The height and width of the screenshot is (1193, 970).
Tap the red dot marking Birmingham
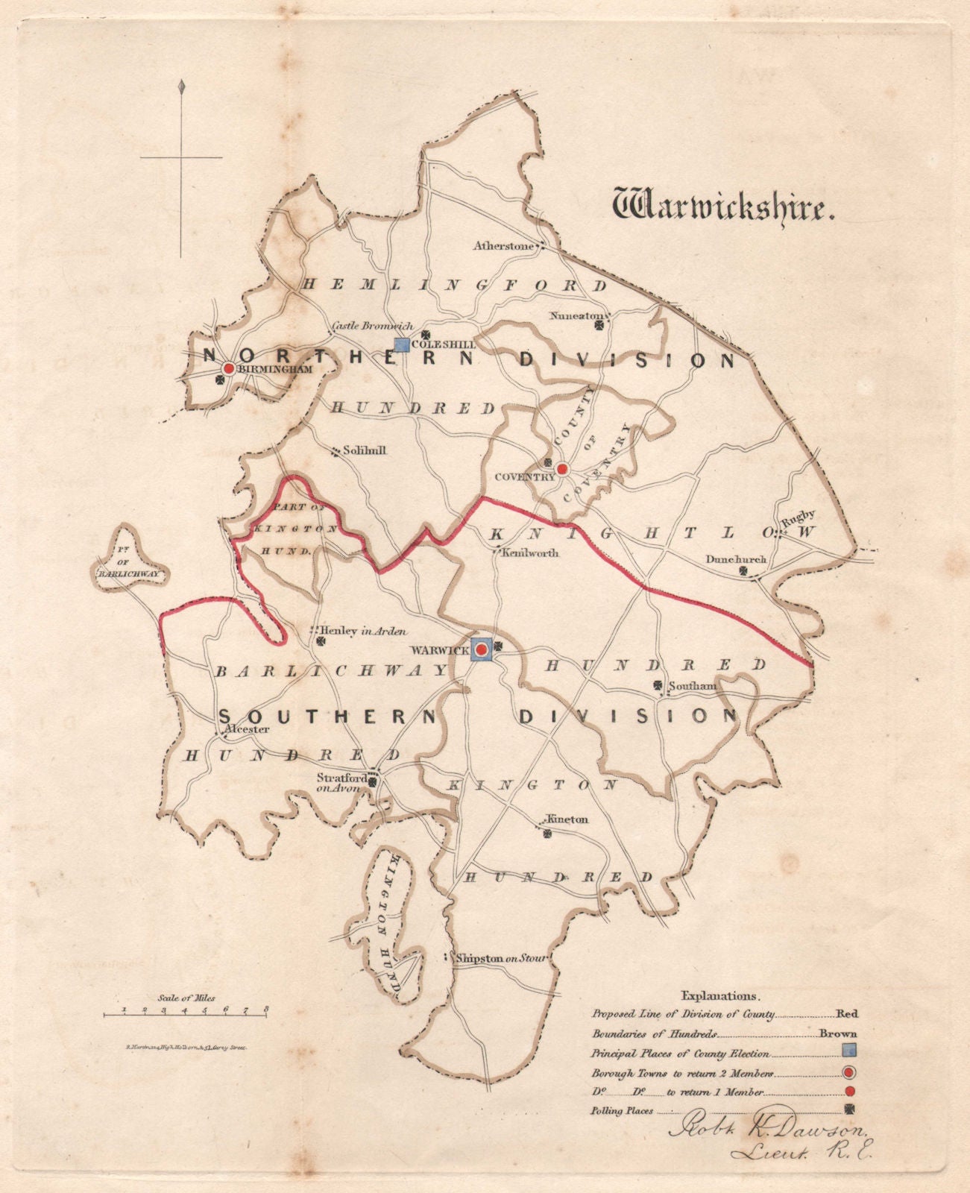point(229,368)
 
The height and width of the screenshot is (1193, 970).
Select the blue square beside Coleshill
point(402,344)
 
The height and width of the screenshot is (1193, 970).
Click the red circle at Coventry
point(563,469)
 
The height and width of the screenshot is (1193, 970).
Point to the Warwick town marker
point(482,650)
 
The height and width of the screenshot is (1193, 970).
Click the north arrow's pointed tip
point(181,84)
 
